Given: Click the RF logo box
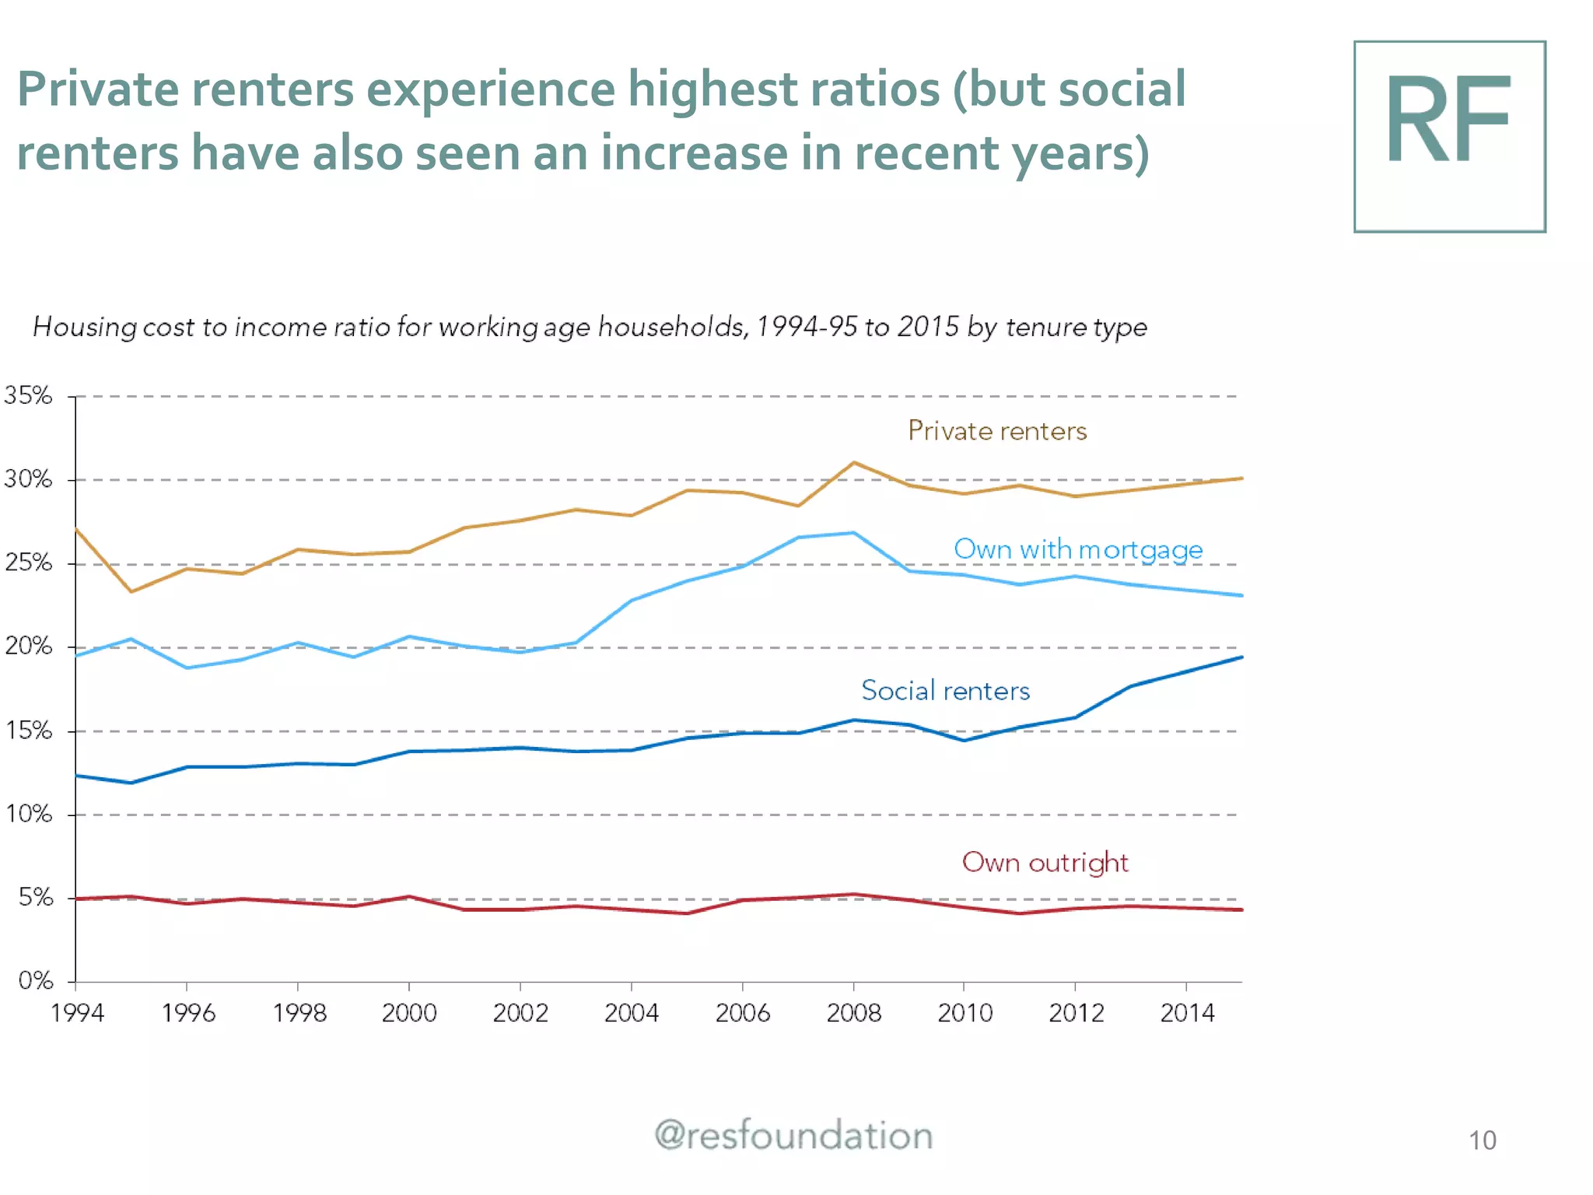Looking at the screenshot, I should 1449,137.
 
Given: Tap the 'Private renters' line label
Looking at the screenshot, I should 997,431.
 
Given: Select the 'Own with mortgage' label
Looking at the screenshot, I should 1078,549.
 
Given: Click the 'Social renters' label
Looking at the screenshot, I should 945,691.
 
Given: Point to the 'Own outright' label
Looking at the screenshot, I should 1045,863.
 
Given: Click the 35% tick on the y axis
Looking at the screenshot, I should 28,395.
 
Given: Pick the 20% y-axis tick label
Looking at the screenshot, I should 28,646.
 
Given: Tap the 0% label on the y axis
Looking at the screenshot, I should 35,980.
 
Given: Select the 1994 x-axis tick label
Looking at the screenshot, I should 76,1013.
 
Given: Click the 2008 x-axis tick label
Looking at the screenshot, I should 853,1013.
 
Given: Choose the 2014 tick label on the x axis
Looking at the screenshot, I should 1186,1013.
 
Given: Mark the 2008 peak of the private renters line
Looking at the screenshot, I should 854,463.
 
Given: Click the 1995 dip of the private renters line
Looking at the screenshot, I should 131,591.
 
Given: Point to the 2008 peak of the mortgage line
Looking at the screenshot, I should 853,533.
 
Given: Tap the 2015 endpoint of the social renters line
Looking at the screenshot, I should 1241,657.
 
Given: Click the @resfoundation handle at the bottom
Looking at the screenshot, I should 793,1136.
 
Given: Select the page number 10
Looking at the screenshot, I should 1482,1141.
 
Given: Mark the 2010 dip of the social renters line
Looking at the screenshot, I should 965,740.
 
